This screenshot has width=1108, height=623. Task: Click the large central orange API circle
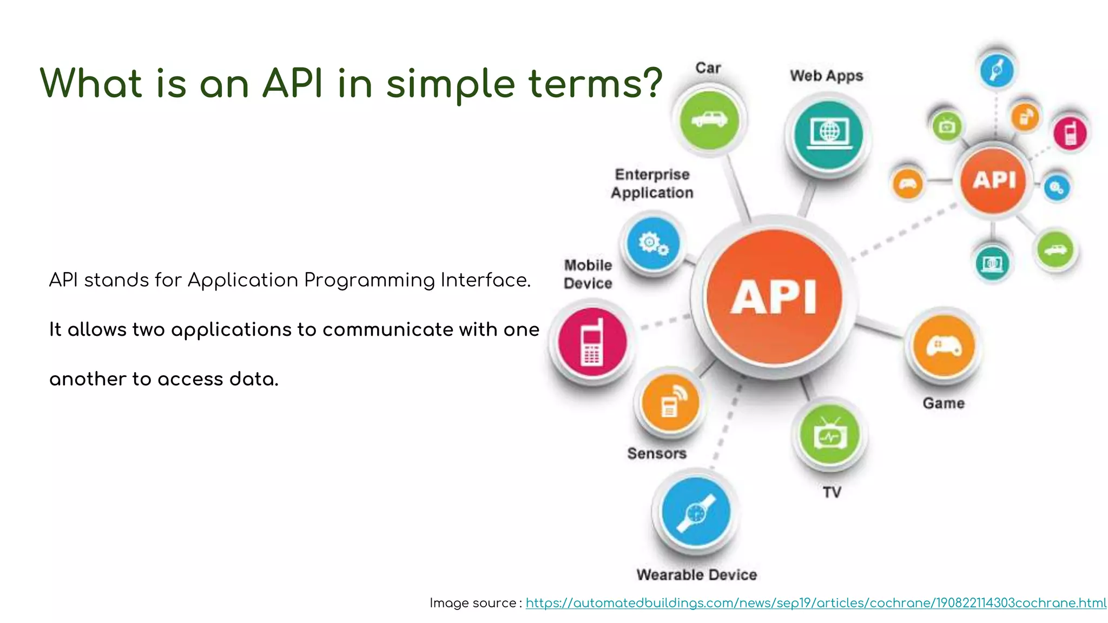pyautogui.click(x=774, y=296)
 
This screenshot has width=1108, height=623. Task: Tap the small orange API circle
pyautogui.click(x=993, y=180)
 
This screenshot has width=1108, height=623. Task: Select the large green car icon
pyautogui.click(x=709, y=120)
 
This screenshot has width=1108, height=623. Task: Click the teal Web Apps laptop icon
pyautogui.click(x=828, y=133)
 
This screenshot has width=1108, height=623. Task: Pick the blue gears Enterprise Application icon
pyautogui.click(x=653, y=243)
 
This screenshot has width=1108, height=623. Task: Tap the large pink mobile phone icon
pyautogui.click(x=592, y=342)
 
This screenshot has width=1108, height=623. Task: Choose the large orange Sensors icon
pyautogui.click(x=670, y=403)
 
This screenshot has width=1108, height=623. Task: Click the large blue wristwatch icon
pyautogui.click(x=696, y=512)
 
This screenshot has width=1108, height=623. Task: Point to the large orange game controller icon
pyautogui.click(x=944, y=347)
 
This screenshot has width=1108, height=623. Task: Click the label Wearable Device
pyautogui.click(x=696, y=575)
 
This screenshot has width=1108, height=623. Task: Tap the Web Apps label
pyautogui.click(x=826, y=76)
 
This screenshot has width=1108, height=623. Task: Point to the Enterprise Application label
pyautogui.click(x=652, y=184)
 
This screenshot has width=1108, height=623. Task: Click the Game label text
pyautogui.click(x=944, y=403)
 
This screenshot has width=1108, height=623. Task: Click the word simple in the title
pyautogui.click(x=450, y=84)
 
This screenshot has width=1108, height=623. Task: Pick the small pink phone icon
pyautogui.click(x=1071, y=133)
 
